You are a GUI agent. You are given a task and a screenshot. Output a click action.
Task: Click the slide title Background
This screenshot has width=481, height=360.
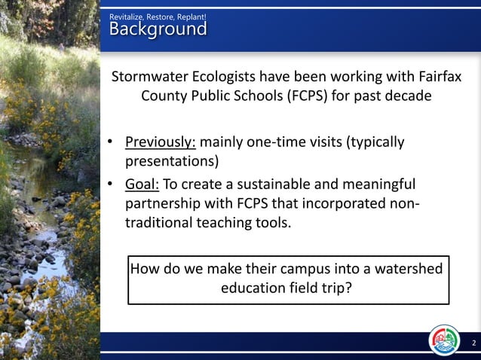[158, 29]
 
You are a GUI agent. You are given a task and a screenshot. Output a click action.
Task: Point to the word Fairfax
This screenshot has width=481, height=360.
[437, 78]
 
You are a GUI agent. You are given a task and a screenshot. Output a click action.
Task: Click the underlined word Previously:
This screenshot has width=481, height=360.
[161, 142]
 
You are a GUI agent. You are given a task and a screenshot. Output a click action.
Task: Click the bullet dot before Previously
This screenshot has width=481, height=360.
[110, 143]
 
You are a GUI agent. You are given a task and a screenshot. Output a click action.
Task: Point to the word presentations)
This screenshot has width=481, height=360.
[172, 161]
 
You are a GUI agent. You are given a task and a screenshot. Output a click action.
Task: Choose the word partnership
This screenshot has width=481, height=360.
[164, 204]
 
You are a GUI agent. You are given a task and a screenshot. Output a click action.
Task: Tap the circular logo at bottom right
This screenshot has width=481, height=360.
[444, 340]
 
